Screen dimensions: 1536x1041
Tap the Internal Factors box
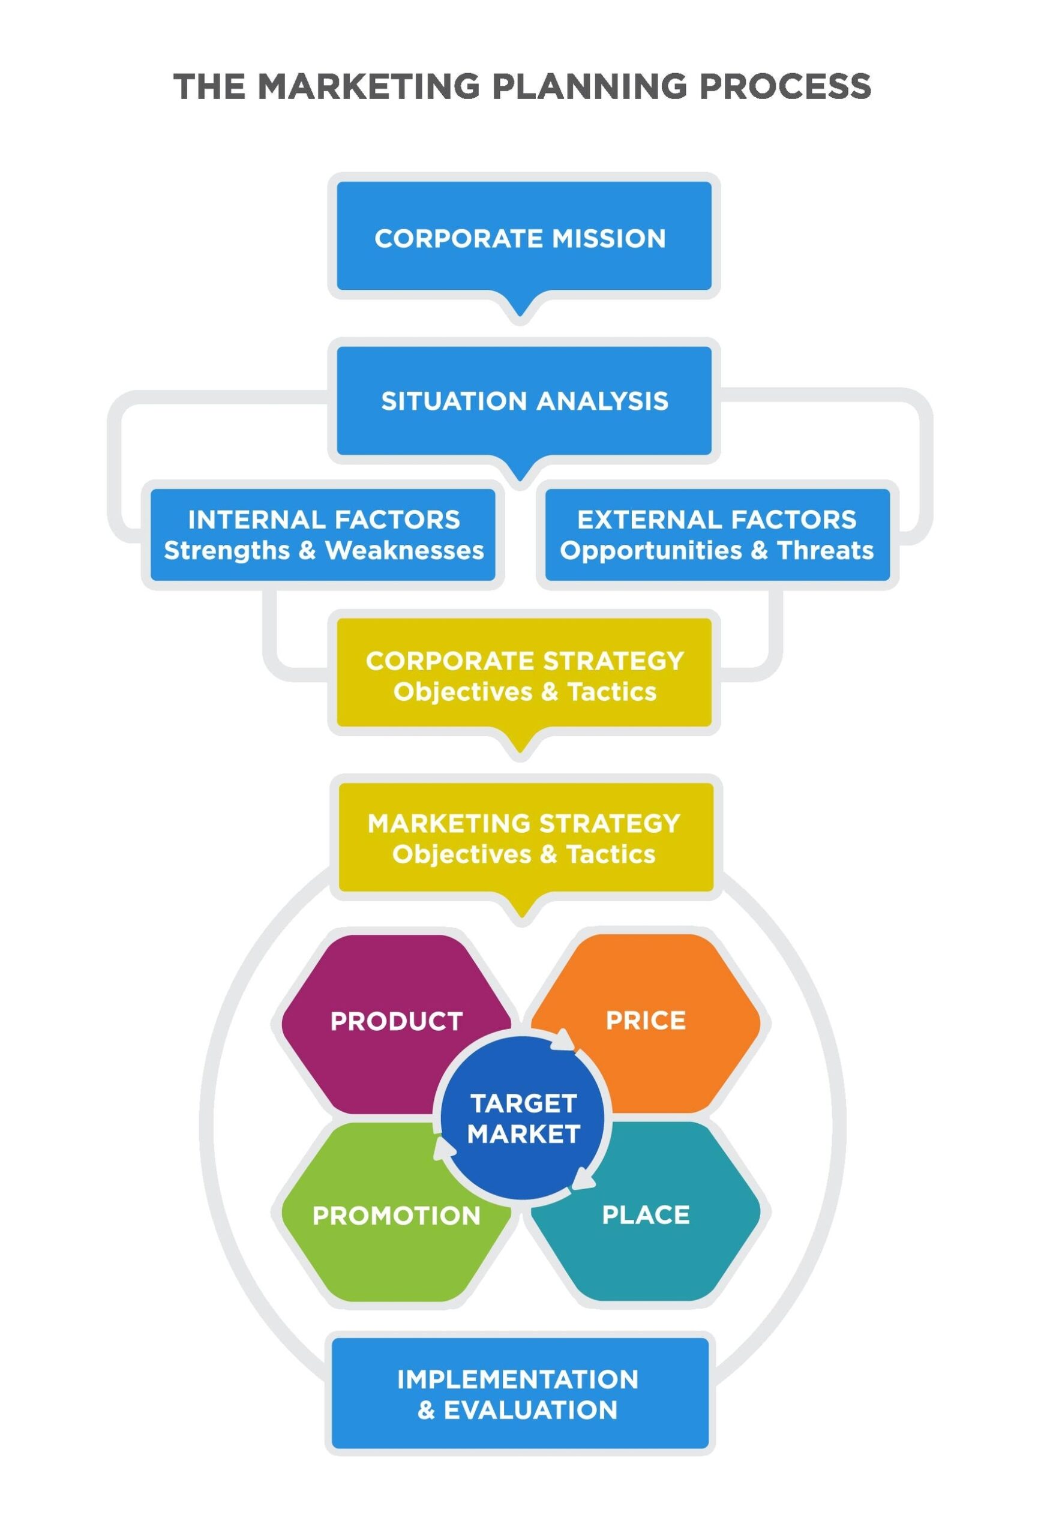[323, 535]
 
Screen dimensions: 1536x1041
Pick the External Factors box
[717, 535]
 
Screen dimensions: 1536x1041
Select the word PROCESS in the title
[785, 86]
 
